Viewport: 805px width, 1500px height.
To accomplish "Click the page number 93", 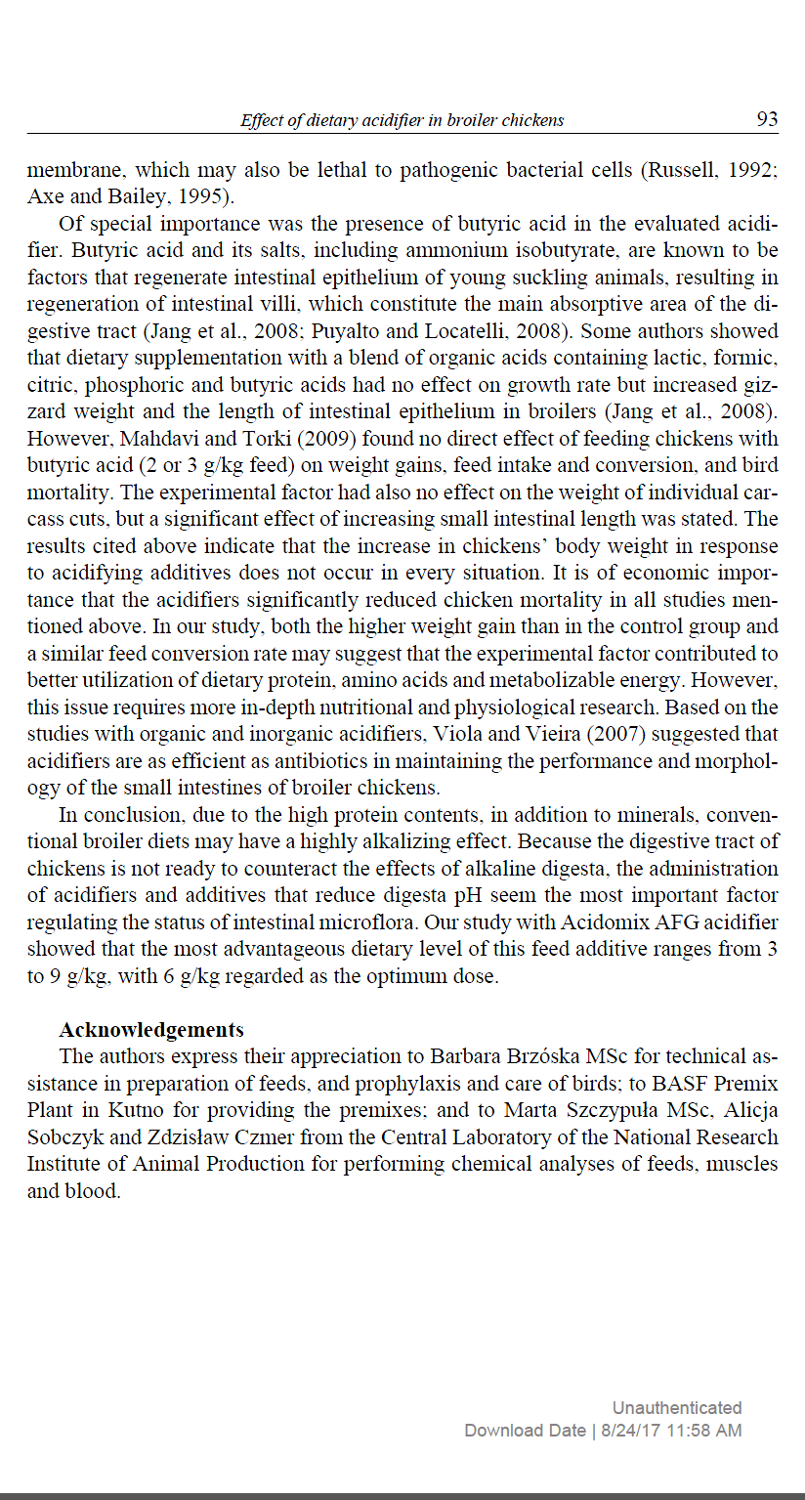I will (767, 119).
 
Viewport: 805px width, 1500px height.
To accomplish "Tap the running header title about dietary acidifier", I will (402, 120).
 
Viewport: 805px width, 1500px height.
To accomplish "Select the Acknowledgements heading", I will (151, 1030).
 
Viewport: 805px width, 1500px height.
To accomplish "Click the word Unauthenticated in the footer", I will (677, 1408).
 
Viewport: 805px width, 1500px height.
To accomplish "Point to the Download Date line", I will (603, 1431).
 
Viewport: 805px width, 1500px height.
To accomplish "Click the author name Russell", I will (679, 170).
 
